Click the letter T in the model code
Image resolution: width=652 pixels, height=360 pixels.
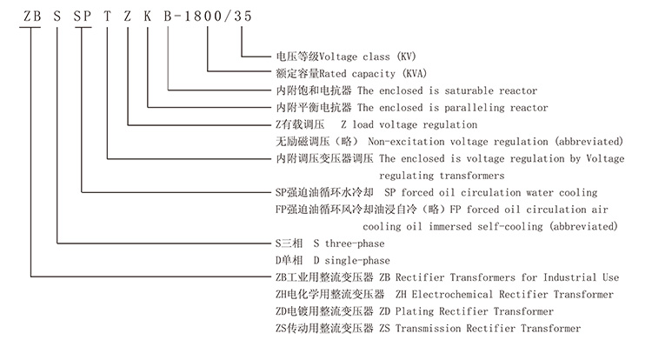[x=107, y=13]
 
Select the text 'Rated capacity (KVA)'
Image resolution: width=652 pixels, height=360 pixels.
[x=376, y=74]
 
